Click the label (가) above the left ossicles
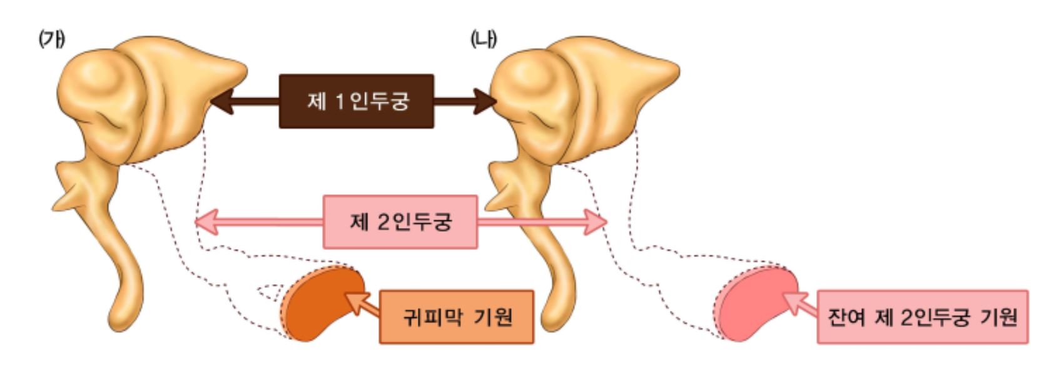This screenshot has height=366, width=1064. coord(51,39)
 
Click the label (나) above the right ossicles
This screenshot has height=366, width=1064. coord(483,39)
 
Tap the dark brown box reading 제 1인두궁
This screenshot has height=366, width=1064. coord(356,101)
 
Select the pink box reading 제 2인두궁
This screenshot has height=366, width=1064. coord(400,222)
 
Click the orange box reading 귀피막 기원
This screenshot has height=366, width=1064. coord(457,317)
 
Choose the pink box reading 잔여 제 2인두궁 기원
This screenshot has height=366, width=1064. coord(922,317)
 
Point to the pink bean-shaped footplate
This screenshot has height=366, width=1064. coord(754,302)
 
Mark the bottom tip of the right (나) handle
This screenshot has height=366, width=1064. coord(552,322)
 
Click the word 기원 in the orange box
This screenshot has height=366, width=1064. coord(494,317)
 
